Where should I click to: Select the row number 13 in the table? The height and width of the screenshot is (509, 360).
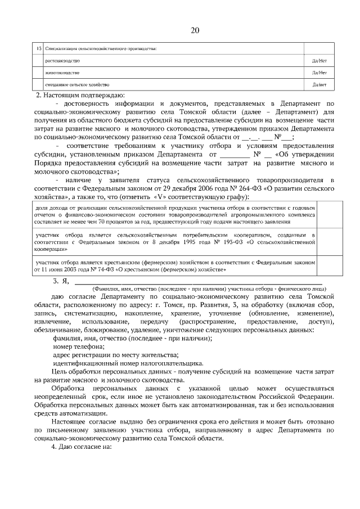pyautogui.click(x=38, y=48)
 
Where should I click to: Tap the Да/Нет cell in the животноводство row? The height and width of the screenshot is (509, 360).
pyautogui.click(x=319, y=73)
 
